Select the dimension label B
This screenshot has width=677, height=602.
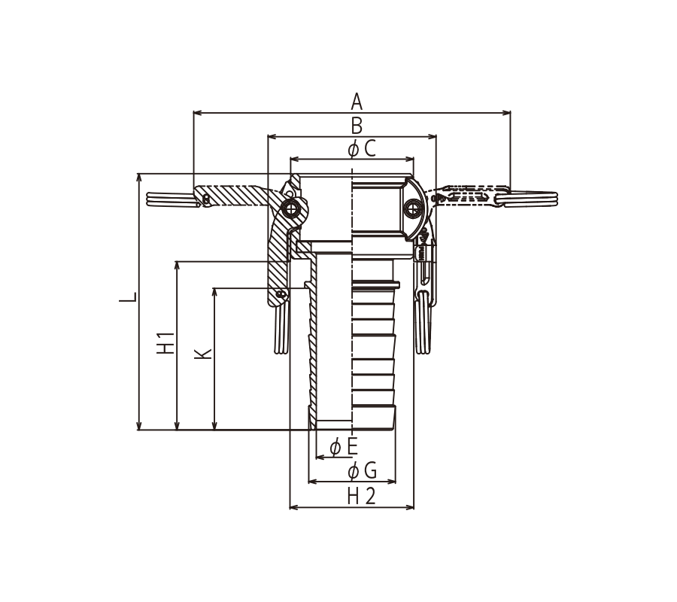357,126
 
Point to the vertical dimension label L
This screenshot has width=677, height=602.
129,296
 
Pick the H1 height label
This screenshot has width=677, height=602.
166,342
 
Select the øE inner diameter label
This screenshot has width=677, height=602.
344,447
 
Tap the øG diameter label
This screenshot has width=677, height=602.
362,472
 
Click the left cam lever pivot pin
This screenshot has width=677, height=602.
291,208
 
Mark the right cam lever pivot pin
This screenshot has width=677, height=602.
412,208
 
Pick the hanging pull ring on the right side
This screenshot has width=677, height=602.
424,324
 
